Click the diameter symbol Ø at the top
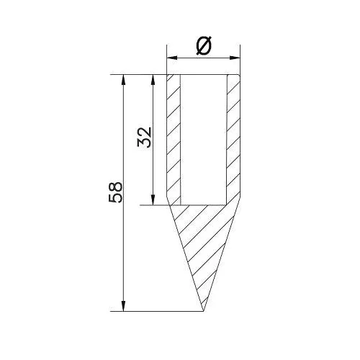coord(204,45)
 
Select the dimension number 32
coord(145,137)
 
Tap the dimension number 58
coord(116,192)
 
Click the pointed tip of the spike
coord(204,311)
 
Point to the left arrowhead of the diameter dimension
coord(172,58)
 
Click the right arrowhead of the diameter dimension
coord(235,58)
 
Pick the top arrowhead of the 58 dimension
coord(124,80)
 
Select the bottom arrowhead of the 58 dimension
coord(124,306)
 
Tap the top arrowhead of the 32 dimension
coord(153,80)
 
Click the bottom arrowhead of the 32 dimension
coord(153,200)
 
